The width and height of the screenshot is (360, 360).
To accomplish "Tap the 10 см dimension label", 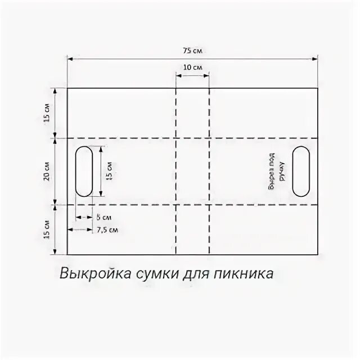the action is (x=192, y=67).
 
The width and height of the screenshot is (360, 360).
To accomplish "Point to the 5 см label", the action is (x=103, y=217).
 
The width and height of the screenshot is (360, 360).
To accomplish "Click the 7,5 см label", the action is (x=107, y=229).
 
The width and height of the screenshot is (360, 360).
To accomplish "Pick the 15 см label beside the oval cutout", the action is (x=109, y=171).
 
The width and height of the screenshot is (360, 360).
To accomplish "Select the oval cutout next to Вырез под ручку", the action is (x=299, y=172).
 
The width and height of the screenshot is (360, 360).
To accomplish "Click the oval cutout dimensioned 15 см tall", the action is (x=84, y=171).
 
